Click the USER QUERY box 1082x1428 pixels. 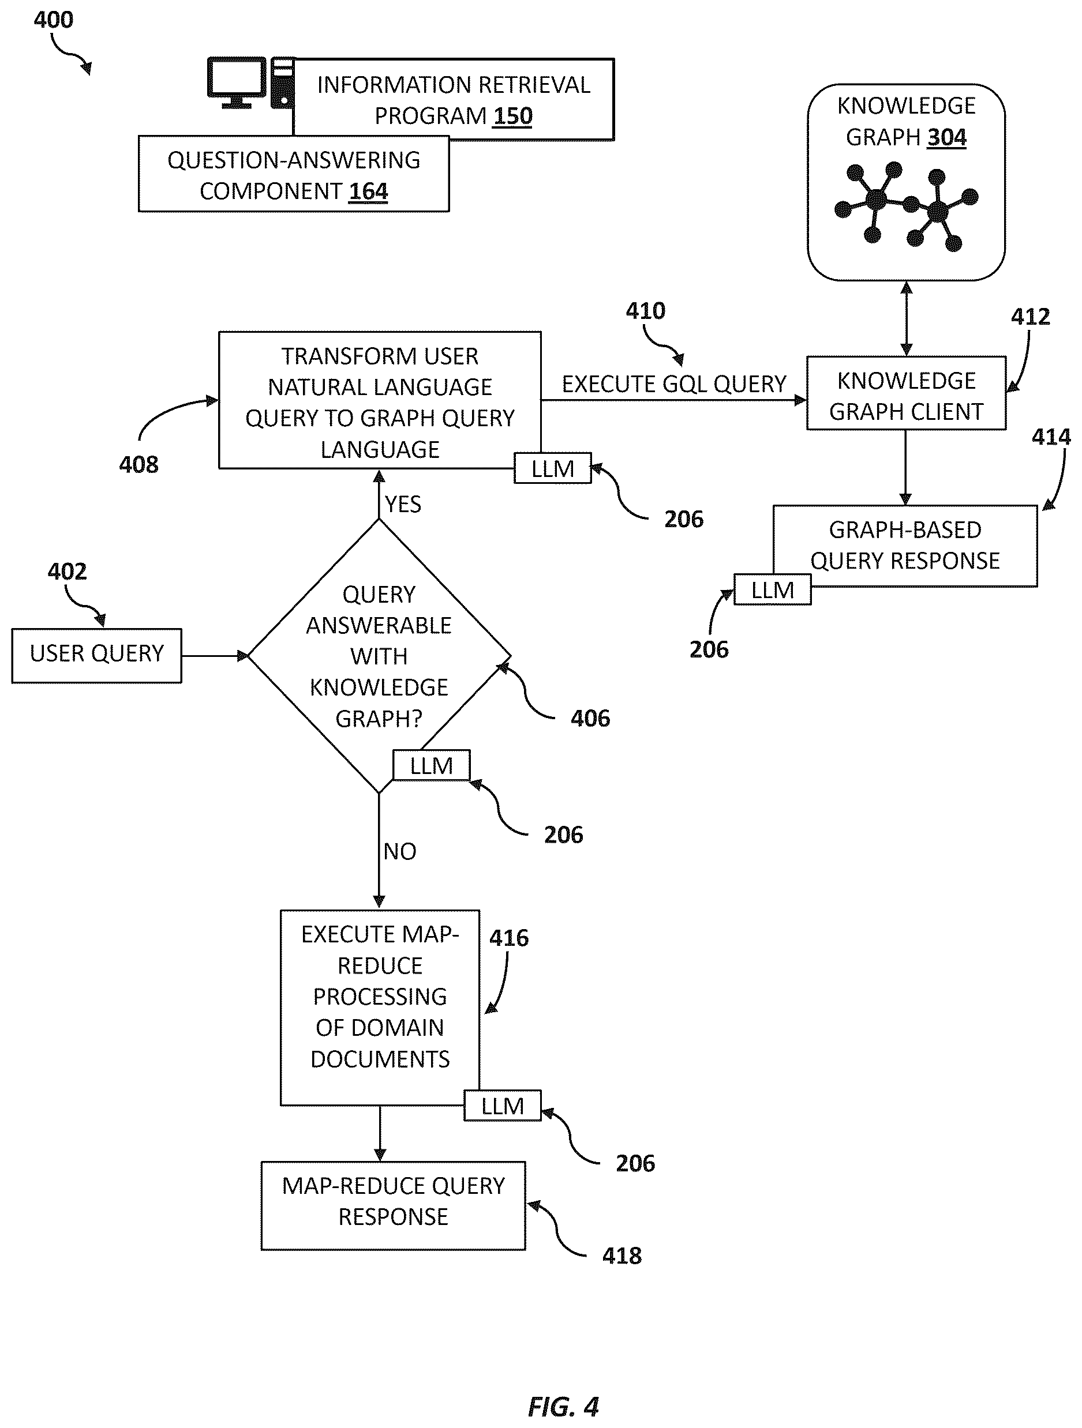click(97, 655)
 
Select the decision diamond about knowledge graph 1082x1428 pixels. click(379, 656)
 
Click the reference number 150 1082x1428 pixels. click(513, 116)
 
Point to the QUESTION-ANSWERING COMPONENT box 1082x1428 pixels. click(294, 174)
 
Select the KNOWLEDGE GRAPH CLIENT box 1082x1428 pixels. click(907, 393)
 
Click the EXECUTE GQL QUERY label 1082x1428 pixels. click(674, 384)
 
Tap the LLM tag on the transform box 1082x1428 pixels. click(553, 468)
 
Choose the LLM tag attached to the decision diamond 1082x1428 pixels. click(432, 766)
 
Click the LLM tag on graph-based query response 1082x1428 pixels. click(773, 589)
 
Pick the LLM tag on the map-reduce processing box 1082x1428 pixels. click(503, 1106)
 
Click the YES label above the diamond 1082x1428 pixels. click(403, 504)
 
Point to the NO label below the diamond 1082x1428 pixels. click(400, 851)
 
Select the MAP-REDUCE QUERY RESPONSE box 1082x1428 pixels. click(394, 1206)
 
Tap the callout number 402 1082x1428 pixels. click(67, 572)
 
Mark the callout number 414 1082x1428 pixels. click(1051, 437)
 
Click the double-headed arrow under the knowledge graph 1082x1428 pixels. click(907, 318)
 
